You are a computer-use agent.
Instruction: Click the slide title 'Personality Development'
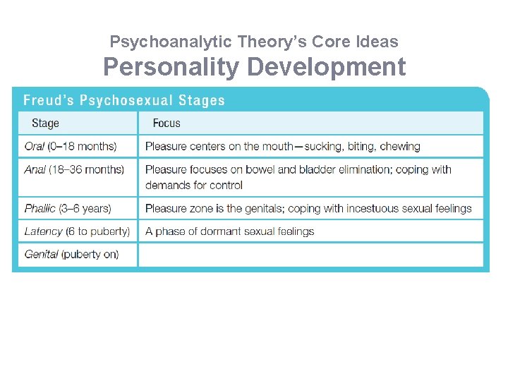tap(254, 67)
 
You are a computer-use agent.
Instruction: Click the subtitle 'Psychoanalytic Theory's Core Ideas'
tap(254, 42)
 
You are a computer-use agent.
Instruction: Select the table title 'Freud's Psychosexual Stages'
tap(124, 100)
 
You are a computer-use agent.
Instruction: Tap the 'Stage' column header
tap(45, 123)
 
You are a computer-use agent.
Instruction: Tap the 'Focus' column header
tap(167, 123)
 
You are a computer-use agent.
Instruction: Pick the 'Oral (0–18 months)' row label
tap(71, 147)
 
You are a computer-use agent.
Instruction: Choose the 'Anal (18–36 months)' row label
tap(74, 169)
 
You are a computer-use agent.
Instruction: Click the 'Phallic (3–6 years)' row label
tap(68, 208)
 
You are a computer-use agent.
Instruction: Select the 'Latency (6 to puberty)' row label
tap(77, 231)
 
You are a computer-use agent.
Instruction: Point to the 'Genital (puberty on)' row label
tap(71, 254)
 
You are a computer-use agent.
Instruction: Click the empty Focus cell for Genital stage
tap(310, 255)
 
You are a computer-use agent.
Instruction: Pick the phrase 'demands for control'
tap(194, 185)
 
